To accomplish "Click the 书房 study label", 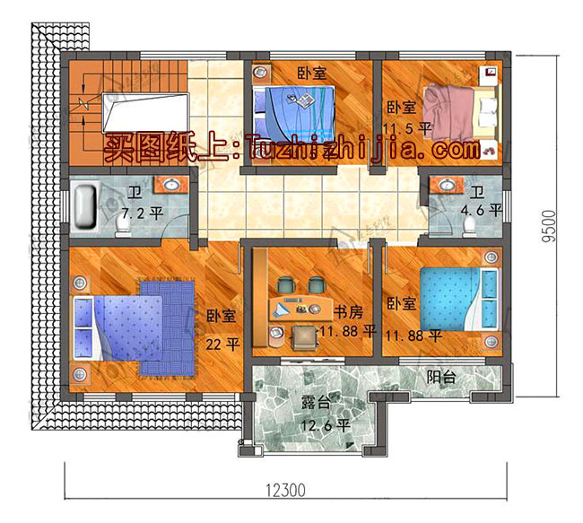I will [x=349, y=313].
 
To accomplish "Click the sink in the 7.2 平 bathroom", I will [x=170, y=186].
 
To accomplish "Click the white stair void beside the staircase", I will [x=144, y=113].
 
